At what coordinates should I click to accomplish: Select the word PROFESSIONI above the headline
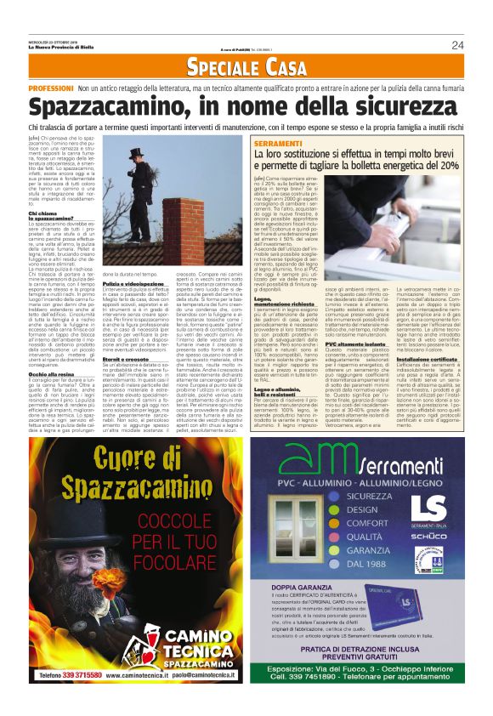coord(53,88)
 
